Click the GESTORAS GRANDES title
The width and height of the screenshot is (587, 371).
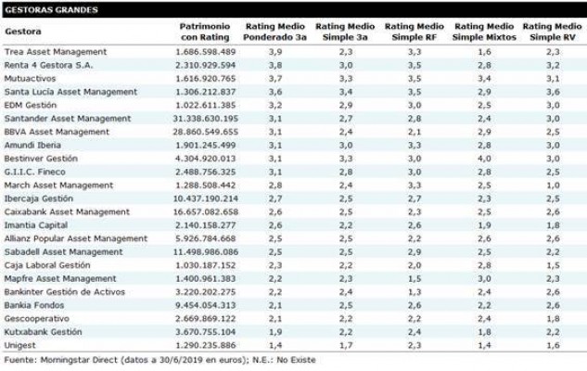point(51,9)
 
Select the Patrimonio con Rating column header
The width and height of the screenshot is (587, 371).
point(205,32)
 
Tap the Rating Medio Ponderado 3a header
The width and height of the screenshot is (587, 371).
point(274,32)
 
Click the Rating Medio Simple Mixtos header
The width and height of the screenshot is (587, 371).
point(484,32)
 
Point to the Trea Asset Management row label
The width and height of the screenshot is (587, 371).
point(56,52)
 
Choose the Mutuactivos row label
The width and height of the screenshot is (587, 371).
point(30,79)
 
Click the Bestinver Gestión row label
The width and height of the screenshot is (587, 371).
point(41,159)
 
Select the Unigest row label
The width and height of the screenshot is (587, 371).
point(19,345)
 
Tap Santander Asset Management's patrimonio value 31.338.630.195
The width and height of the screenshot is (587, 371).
point(206,119)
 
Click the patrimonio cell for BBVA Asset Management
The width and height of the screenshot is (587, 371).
point(206,132)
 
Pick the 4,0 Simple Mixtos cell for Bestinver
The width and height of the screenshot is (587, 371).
point(484,159)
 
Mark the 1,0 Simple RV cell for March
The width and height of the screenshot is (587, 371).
point(553,185)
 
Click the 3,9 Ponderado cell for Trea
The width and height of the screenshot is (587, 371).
point(275,52)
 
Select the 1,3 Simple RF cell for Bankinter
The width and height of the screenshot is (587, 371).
point(415,292)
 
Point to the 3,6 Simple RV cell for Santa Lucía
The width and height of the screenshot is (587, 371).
point(553,92)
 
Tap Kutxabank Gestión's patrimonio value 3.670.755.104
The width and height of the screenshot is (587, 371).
point(206,332)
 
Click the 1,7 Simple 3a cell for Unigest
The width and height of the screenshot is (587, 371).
point(346,345)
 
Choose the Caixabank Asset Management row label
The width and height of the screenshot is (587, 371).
point(67,211)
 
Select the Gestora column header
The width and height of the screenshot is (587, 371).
point(23,32)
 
